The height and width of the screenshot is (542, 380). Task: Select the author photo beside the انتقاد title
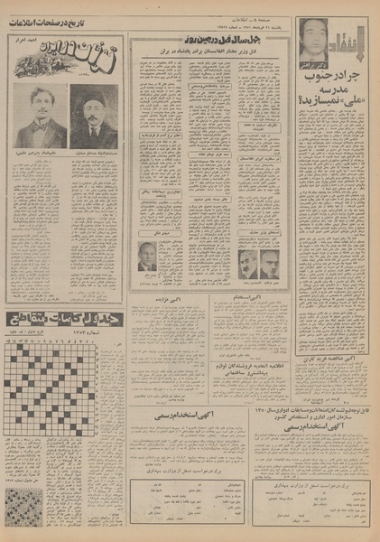[313, 38]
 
